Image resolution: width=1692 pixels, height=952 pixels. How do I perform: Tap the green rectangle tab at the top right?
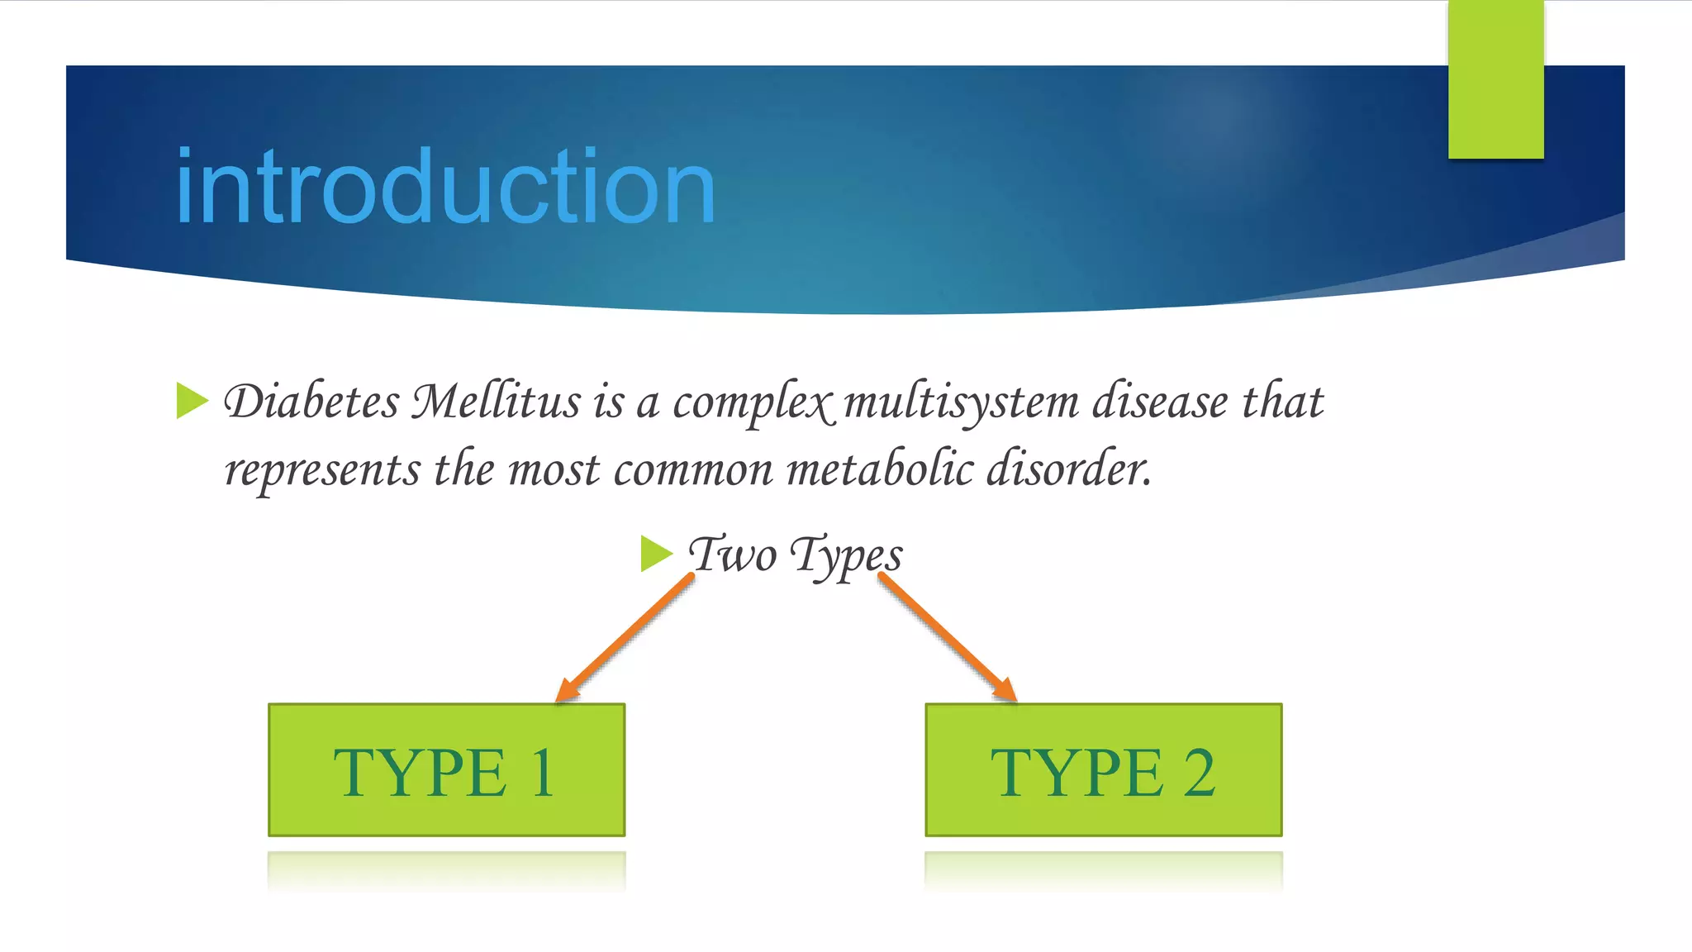(1495, 79)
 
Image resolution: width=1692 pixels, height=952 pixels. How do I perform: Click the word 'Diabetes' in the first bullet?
(312, 402)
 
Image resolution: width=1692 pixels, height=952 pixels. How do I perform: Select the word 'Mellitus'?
(497, 402)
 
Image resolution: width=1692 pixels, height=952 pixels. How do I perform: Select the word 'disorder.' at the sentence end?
(1069, 469)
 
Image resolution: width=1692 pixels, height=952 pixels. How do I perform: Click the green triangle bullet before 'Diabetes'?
(192, 401)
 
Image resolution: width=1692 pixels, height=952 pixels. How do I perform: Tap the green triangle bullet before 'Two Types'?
(656, 553)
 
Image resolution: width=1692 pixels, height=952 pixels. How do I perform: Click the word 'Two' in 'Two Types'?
(733, 555)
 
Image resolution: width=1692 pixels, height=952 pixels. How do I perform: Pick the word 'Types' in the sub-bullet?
(846, 556)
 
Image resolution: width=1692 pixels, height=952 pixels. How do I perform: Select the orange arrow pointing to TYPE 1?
(625, 638)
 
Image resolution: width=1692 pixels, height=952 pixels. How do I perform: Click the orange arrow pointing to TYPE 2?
(948, 638)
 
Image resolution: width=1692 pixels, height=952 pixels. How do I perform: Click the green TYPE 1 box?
(446, 770)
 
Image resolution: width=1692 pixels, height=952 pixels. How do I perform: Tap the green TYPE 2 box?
(1104, 770)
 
